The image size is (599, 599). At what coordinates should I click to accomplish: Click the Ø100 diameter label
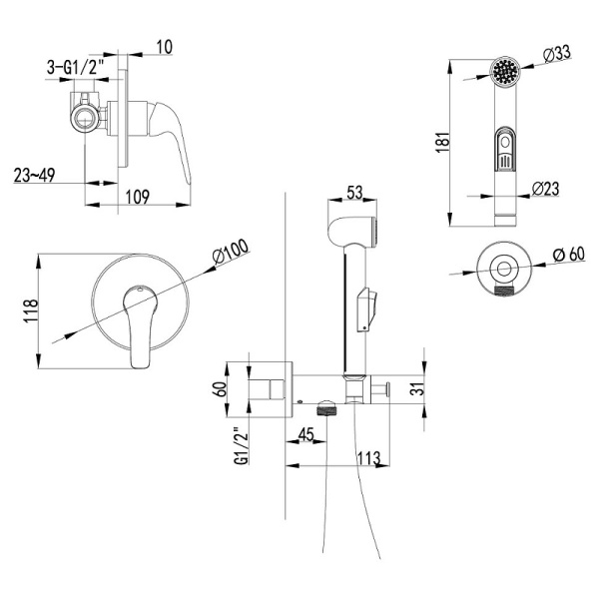(x=231, y=256)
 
